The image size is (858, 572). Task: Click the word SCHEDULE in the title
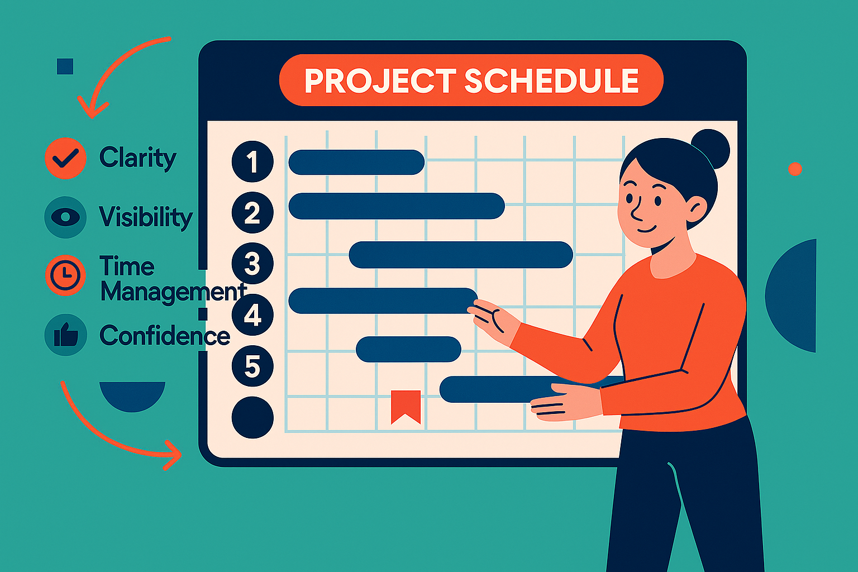click(x=551, y=80)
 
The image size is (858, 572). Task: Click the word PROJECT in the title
click(x=380, y=80)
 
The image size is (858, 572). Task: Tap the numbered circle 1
click(x=252, y=161)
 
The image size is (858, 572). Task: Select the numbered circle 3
click(x=252, y=263)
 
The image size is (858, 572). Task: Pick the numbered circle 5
click(x=252, y=365)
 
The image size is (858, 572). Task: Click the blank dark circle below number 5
click(x=252, y=417)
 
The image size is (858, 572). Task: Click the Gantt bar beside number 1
click(x=356, y=162)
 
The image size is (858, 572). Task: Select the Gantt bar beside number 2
click(x=397, y=206)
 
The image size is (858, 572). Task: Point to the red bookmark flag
click(x=406, y=407)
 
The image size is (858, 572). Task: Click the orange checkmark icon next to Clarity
click(x=65, y=158)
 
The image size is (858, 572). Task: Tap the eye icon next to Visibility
click(x=65, y=217)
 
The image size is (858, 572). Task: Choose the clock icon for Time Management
click(x=65, y=275)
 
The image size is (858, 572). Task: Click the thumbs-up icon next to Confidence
click(x=65, y=335)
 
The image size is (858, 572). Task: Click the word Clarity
click(x=138, y=158)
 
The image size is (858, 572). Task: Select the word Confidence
click(x=165, y=335)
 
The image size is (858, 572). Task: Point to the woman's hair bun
click(x=711, y=149)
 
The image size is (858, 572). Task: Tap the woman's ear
click(x=696, y=210)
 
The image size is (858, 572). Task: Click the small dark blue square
click(x=65, y=66)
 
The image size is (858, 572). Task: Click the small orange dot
click(x=795, y=169)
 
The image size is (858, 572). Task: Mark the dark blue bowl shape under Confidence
click(x=132, y=395)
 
